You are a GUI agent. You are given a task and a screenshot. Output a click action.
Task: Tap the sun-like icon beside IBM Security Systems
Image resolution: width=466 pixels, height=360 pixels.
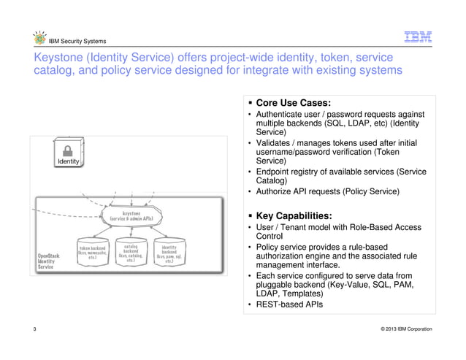39,40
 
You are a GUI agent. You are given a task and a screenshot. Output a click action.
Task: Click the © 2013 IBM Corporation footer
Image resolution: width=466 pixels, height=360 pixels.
400,329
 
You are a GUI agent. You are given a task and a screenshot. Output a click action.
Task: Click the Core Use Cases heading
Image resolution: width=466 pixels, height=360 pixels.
294,102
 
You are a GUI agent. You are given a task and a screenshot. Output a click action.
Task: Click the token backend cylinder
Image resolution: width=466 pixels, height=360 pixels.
91,253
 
